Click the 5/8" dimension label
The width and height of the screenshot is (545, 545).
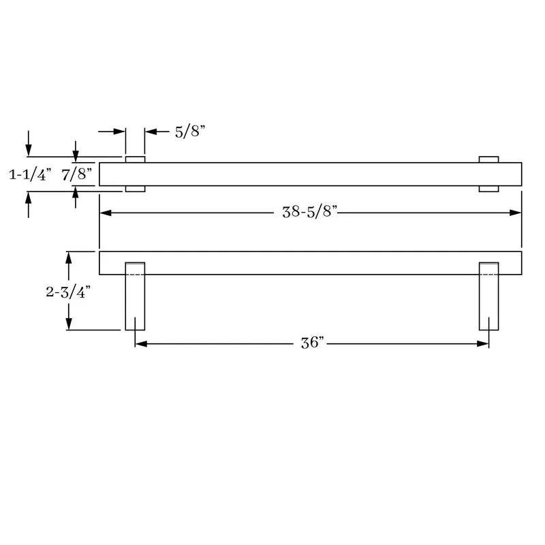tap(190, 131)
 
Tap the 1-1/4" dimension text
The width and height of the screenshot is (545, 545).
tap(30, 174)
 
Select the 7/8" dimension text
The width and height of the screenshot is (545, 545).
tap(77, 174)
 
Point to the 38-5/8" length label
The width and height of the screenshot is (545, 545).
tap(310, 212)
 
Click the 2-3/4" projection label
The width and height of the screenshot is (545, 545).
tap(68, 292)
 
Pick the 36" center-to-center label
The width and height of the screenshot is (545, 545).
tap(312, 343)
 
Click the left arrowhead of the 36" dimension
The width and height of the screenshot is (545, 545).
tap(141, 344)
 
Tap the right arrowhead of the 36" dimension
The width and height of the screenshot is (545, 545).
tap(483, 344)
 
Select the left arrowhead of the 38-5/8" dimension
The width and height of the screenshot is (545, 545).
tap(106, 213)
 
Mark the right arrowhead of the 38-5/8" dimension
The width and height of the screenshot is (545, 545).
tap(516, 213)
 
